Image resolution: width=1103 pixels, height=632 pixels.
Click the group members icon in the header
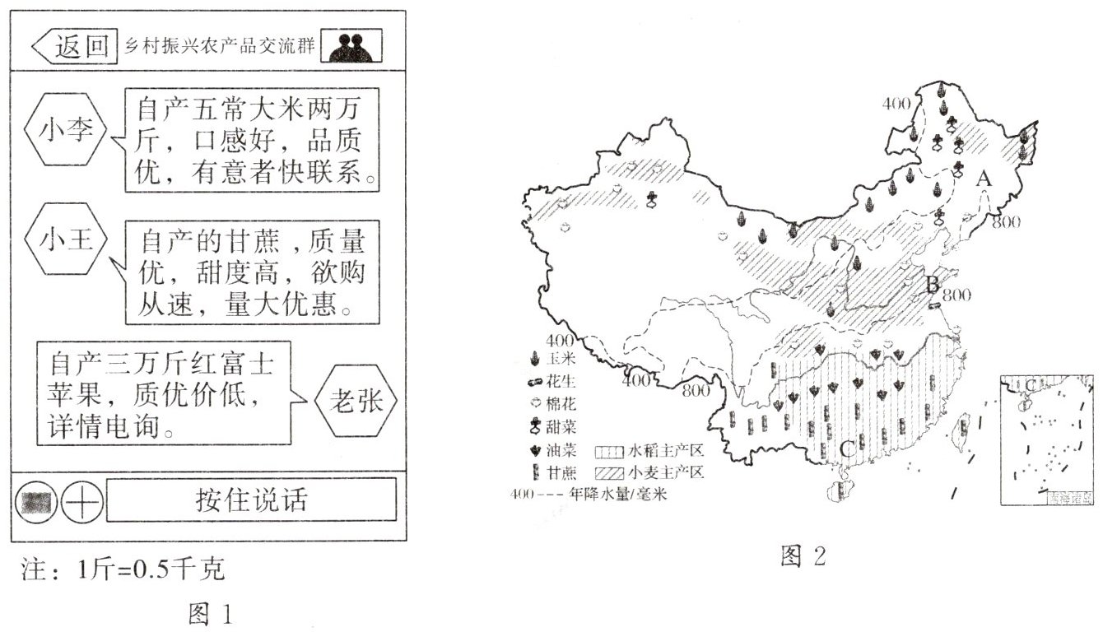351,47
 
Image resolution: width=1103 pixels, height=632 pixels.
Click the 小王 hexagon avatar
66,241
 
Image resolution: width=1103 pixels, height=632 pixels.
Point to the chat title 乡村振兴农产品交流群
218,46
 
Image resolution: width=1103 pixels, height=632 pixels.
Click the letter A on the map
983,178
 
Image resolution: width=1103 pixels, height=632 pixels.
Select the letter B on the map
933,286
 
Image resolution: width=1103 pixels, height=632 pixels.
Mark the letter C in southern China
847,449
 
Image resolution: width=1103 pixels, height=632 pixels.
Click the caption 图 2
803,557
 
